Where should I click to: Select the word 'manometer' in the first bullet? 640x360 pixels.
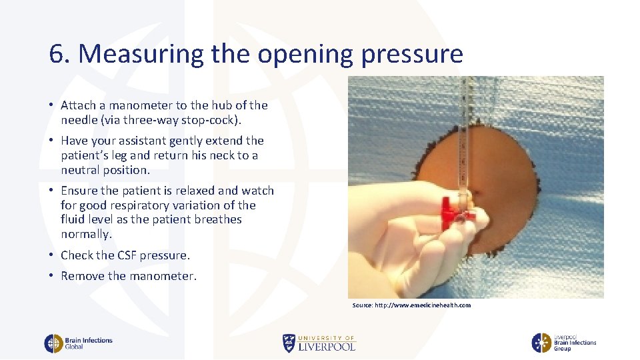(138, 105)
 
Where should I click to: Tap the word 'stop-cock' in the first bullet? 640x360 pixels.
(206, 120)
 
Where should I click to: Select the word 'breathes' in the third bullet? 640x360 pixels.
(219, 219)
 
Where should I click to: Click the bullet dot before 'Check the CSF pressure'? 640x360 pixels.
(51, 255)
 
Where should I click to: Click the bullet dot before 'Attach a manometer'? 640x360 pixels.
(51, 105)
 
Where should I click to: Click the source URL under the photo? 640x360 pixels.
(411, 305)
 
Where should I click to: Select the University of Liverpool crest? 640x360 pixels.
(289, 343)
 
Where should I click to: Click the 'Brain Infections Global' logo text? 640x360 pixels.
(88, 343)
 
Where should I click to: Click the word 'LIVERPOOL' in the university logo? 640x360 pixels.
(327, 347)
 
